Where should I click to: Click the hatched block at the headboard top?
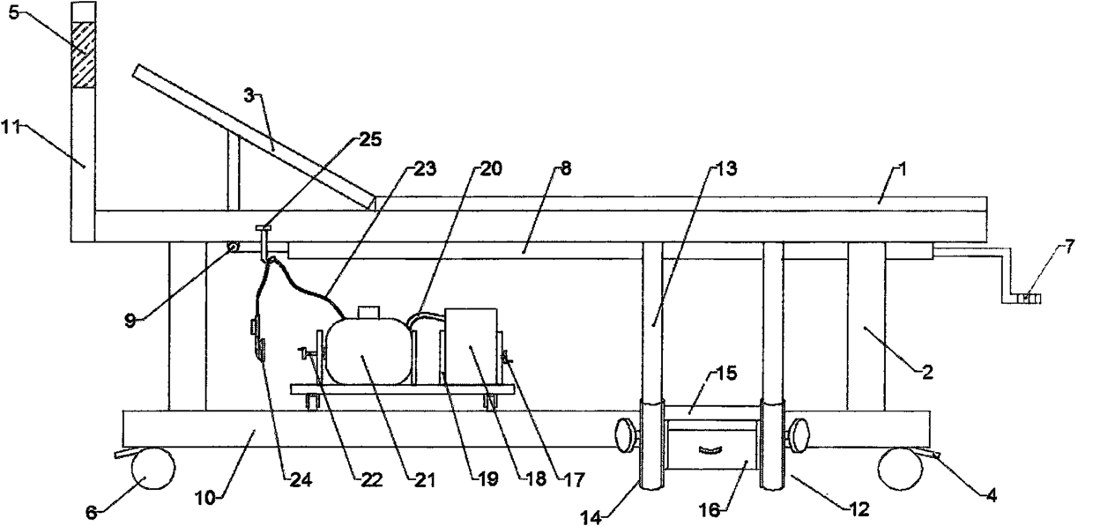(x=83, y=55)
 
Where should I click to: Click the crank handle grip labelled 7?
(x=1028, y=299)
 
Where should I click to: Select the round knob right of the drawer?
(x=798, y=434)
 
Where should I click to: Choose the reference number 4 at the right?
(x=991, y=495)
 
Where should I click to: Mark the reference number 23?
(x=426, y=168)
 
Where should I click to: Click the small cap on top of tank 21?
(x=368, y=312)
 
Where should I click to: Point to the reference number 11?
(x=12, y=126)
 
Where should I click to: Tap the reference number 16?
(x=709, y=509)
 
